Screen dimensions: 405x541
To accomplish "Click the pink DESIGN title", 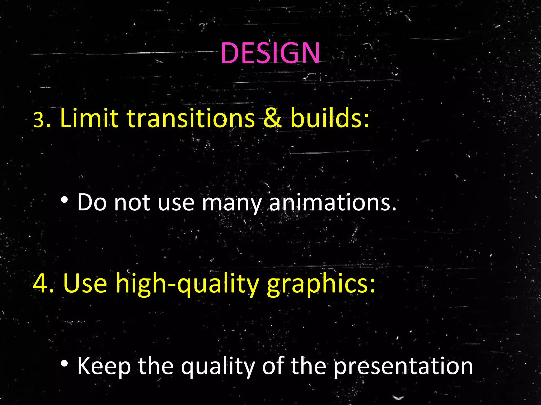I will click(270, 53).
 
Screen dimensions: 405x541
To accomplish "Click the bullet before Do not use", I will click(64, 201).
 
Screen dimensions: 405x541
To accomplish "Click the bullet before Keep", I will click(64, 364).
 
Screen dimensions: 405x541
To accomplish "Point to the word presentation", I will click(403, 367).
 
